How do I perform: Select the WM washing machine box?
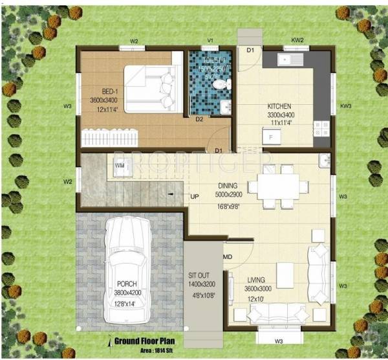[120, 166]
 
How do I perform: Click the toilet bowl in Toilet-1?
[221, 84]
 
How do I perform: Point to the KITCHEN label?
[279, 106]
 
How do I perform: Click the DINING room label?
[210, 184]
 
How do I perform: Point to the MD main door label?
[227, 258]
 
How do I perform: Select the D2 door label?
[199, 119]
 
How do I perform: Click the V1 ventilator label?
[210, 41]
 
